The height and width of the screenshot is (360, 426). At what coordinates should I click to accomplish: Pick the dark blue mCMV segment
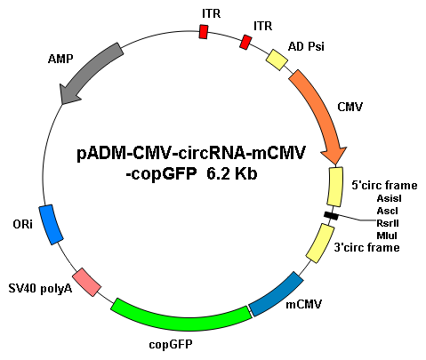pyautogui.click(x=277, y=294)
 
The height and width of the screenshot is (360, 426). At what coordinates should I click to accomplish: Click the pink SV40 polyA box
pyautogui.click(x=87, y=282)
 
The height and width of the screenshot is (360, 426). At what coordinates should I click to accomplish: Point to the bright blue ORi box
pyautogui.click(x=51, y=224)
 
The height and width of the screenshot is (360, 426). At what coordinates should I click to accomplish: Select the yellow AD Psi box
pyautogui.click(x=277, y=60)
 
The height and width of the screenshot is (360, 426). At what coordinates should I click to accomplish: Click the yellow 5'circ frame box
pyautogui.click(x=335, y=187)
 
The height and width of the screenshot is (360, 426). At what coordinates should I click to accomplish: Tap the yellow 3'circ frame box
pyautogui.click(x=320, y=243)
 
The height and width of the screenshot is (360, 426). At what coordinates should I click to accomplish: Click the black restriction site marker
pyautogui.click(x=331, y=216)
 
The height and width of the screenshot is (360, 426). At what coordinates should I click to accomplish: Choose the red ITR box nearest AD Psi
pyautogui.click(x=245, y=42)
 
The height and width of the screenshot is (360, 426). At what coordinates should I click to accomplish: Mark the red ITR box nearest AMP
pyautogui.click(x=204, y=32)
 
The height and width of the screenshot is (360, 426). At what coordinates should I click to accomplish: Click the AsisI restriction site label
pyautogui.click(x=389, y=198)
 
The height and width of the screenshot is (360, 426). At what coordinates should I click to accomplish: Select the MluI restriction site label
pyautogui.click(x=387, y=236)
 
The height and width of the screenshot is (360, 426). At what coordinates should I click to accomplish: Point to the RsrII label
pyautogui.click(x=388, y=223)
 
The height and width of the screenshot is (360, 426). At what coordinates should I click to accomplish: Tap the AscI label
pyautogui.click(x=388, y=211)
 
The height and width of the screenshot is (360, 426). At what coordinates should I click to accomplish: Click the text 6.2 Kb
pyautogui.click(x=231, y=174)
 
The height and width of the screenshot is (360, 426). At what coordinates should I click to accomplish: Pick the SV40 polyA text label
pyautogui.click(x=40, y=288)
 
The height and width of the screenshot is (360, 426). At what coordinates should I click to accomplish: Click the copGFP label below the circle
pyautogui.click(x=171, y=345)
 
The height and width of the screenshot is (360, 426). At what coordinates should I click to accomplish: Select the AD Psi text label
pyautogui.click(x=306, y=46)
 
